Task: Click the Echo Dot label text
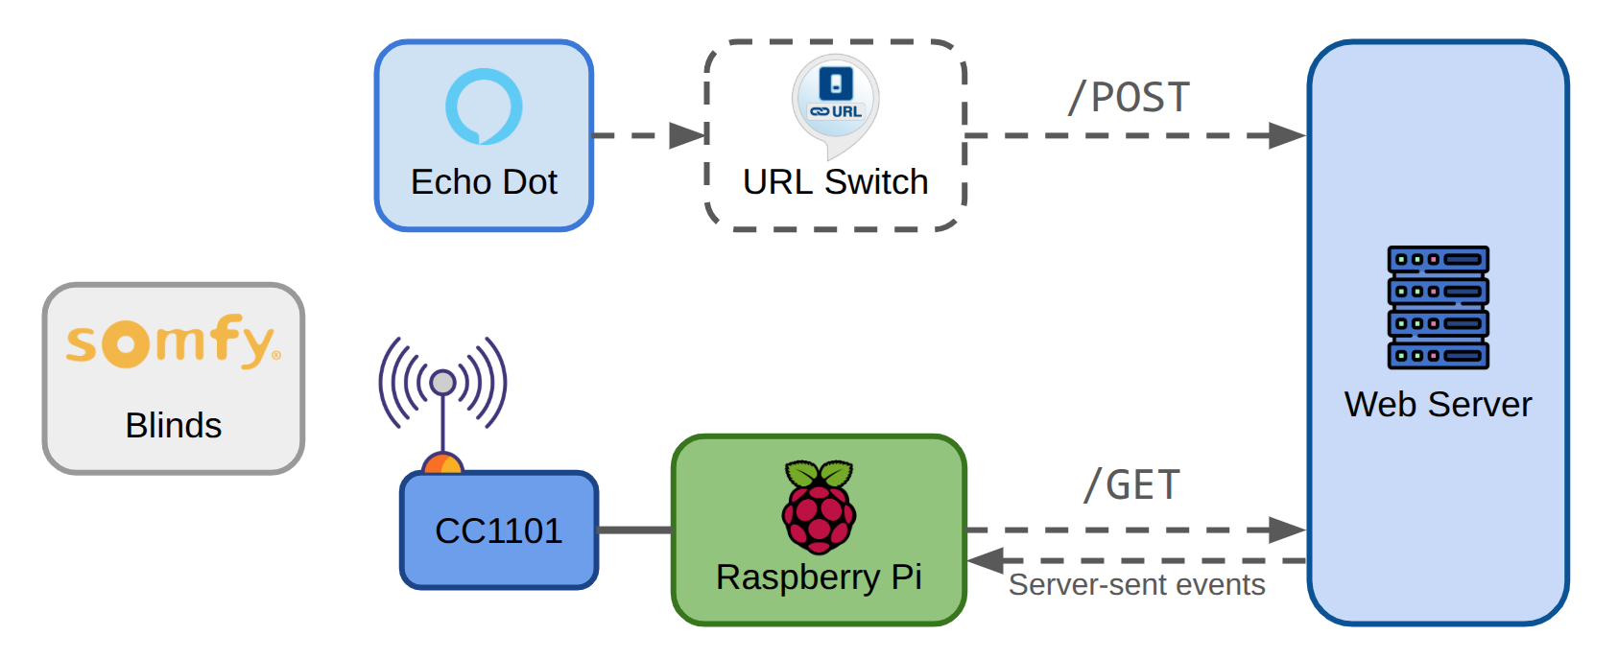point(484,182)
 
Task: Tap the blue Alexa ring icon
point(484,106)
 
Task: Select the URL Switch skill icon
point(835,101)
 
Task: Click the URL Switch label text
point(835,182)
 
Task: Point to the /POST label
point(1129,98)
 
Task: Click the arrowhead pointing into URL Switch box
point(688,135)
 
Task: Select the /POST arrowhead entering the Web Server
point(1287,135)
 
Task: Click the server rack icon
point(1438,307)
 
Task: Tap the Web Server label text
point(1438,405)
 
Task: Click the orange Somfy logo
point(173,341)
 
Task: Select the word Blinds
point(173,425)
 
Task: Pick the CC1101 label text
point(498,530)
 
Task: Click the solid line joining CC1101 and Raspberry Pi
point(634,530)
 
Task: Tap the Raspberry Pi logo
point(819,506)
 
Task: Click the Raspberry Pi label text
point(819,577)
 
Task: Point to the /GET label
point(1131,485)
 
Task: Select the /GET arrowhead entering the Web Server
point(1287,530)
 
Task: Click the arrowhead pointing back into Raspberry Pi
point(986,560)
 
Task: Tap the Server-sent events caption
point(1136,585)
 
